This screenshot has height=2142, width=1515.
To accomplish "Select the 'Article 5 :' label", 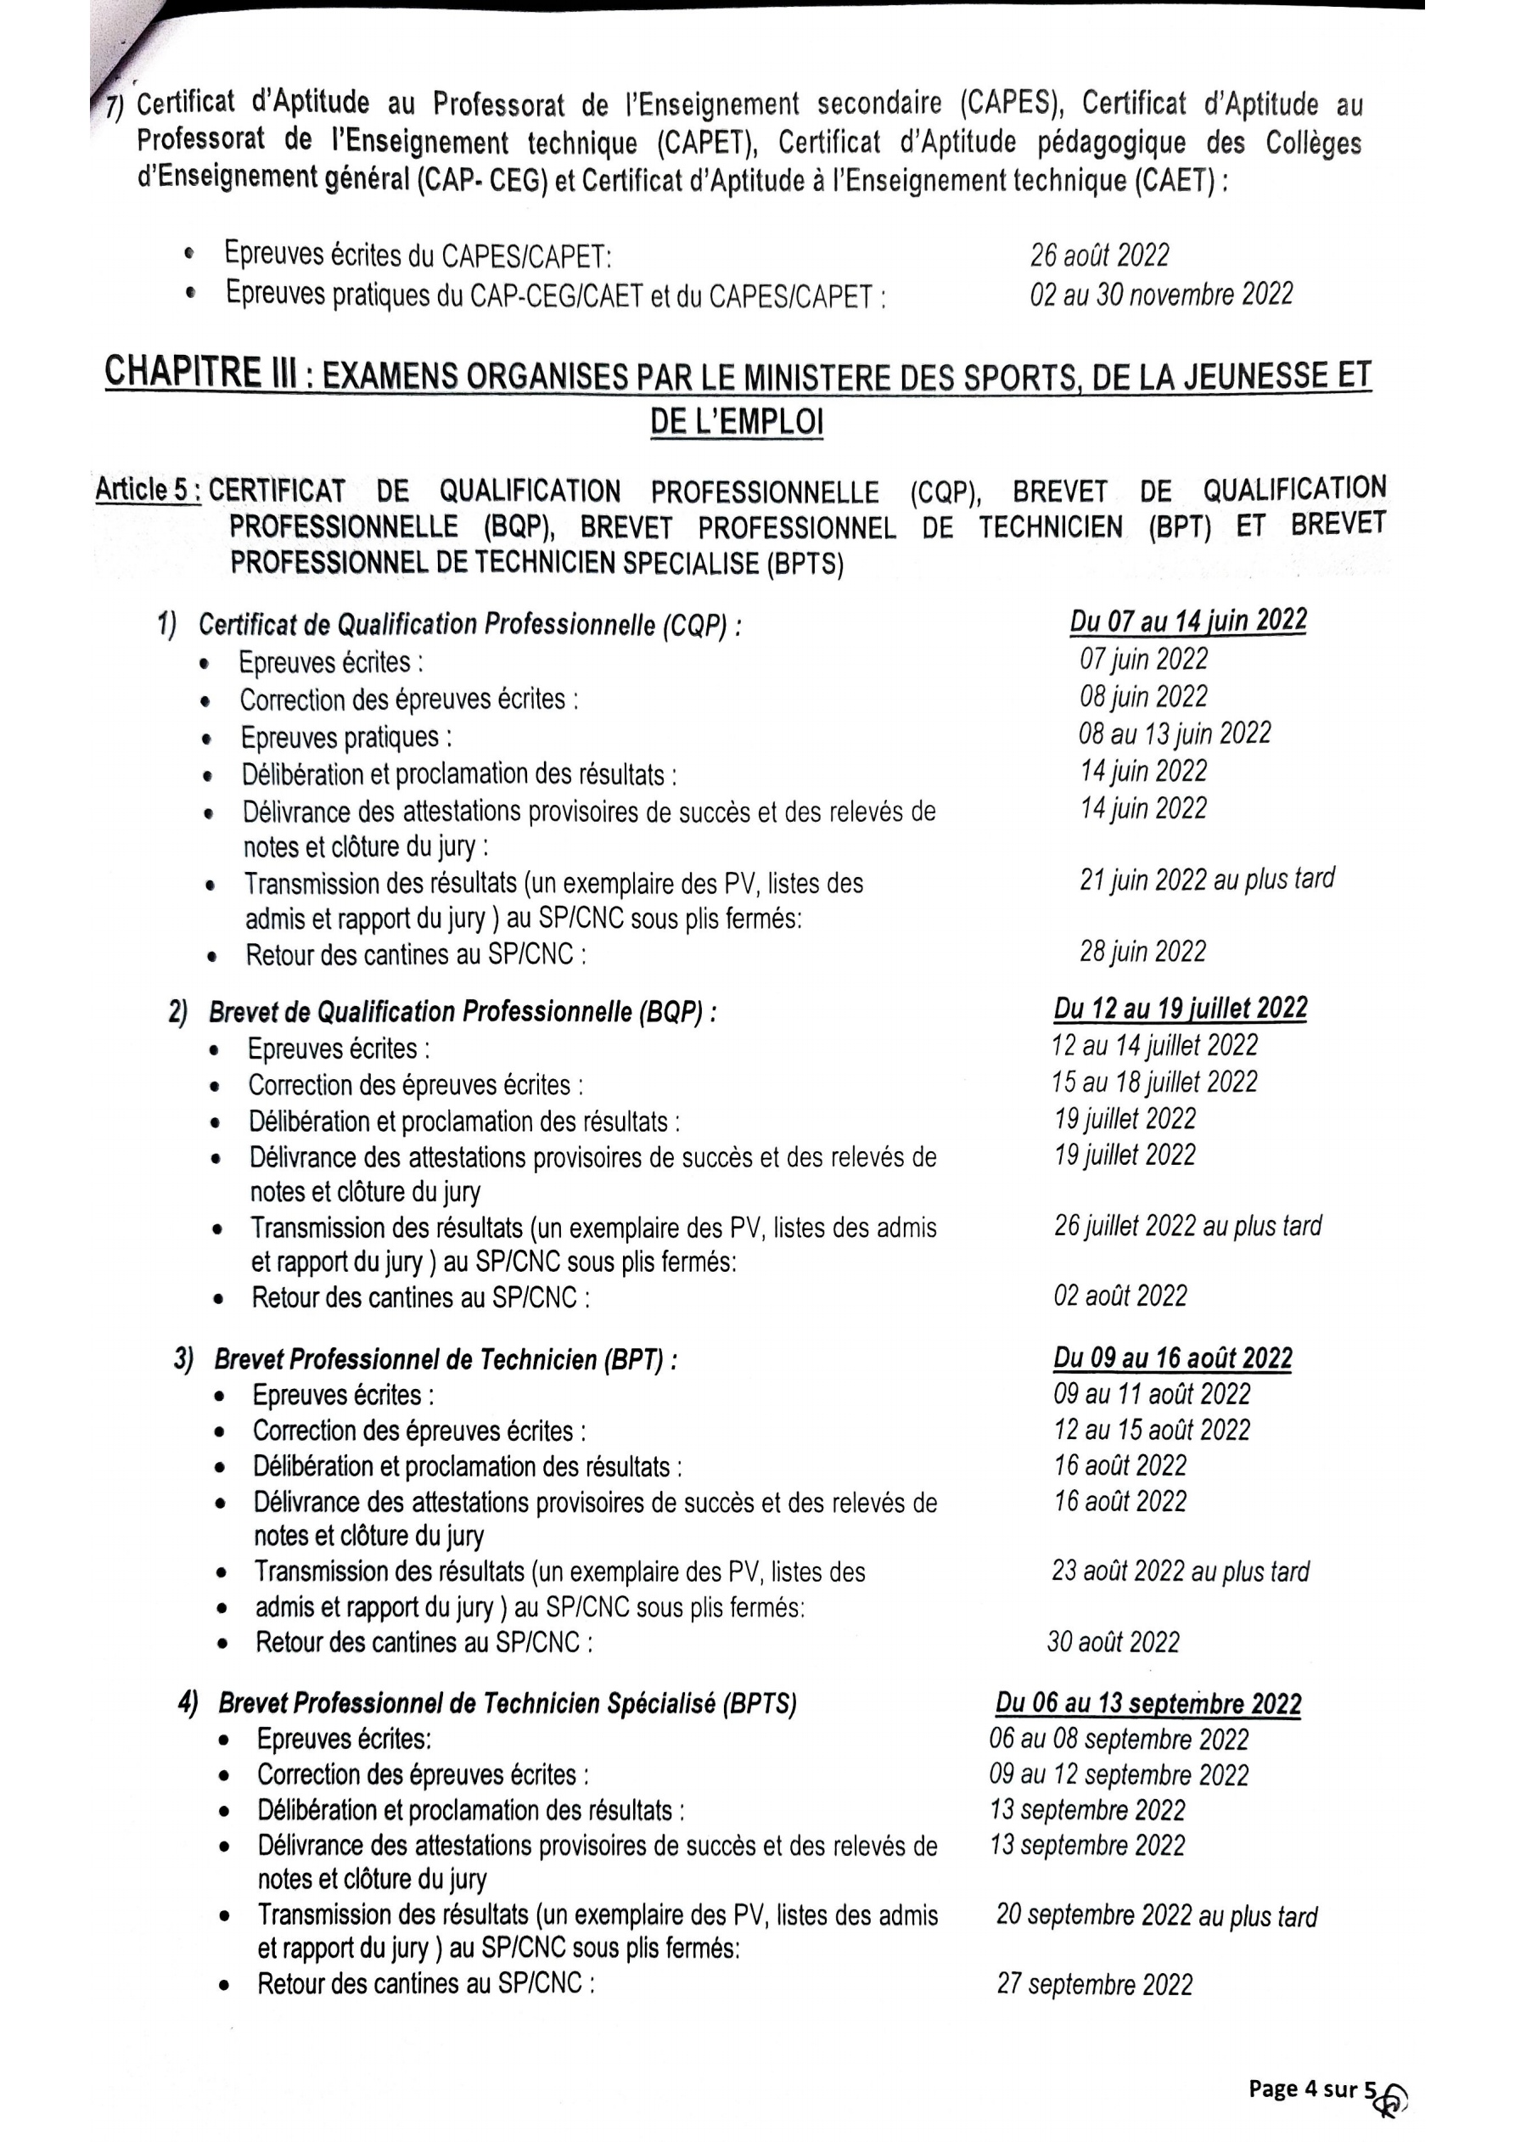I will (148, 490).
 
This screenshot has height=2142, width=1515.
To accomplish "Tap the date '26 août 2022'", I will (1099, 255).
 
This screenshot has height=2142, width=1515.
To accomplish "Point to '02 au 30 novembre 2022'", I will (1161, 294).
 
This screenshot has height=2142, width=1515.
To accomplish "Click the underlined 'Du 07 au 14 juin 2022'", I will (1187, 621).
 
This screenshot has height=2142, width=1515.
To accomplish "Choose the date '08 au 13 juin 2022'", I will (1175, 734).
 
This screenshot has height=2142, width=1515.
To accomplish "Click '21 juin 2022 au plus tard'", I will (1206, 879).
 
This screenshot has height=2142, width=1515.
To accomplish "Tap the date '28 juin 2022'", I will (1142, 952).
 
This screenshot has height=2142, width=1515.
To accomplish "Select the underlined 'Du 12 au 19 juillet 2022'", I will (1180, 1009).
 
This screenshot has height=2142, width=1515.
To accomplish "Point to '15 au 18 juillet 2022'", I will (1154, 1082).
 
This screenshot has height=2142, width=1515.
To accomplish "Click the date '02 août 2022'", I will (1120, 1296).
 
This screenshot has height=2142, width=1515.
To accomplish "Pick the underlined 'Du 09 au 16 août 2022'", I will (1173, 1358).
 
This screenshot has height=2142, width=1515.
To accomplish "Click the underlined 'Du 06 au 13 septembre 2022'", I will (1147, 1704).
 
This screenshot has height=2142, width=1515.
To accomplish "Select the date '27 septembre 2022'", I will (1094, 1984).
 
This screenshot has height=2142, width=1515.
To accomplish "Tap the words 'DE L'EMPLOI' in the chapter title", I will (736, 424).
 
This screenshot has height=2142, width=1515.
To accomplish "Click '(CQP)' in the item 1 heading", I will (694, 626).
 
